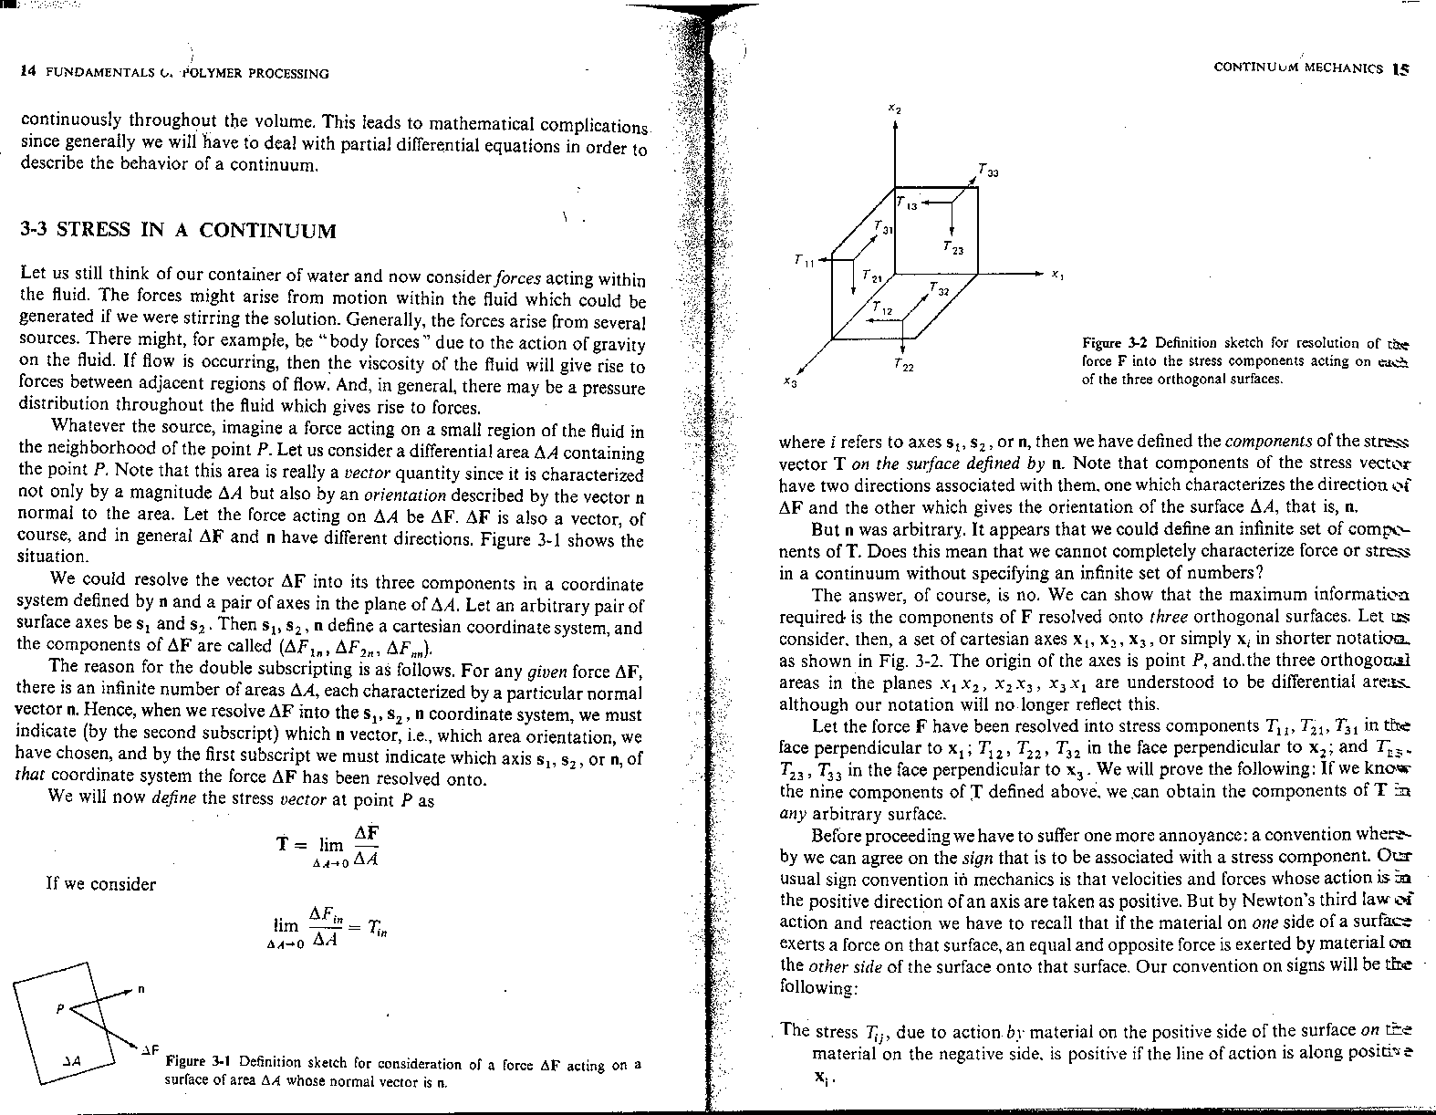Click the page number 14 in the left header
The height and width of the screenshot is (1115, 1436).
click(x=26, y=73)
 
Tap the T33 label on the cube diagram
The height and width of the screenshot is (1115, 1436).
click(x=987, y=172)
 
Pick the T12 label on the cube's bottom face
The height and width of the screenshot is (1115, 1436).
click(x=882, y=310)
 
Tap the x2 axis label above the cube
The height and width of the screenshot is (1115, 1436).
click(x=896, y=109)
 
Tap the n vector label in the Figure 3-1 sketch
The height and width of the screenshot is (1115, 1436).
click(x=142, y=989)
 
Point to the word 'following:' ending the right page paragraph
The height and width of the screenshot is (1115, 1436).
click(x=817, y=987)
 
